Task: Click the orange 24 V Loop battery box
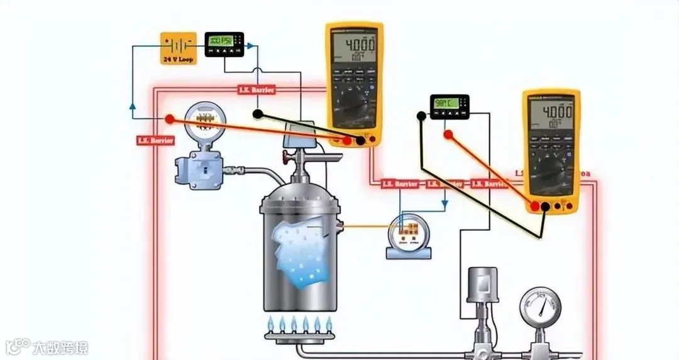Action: point(178,48)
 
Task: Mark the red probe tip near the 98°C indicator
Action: point(448,134)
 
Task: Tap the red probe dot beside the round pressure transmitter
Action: point(169,119)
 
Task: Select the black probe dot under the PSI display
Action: point(257,114)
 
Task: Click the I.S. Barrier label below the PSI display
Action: point(256,90)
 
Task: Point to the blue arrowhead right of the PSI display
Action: point(250,46)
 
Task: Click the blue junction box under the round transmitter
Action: point(199,168)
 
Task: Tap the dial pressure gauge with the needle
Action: point(540,307)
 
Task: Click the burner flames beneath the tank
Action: point(299,324)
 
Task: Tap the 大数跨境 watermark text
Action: point(60,347)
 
